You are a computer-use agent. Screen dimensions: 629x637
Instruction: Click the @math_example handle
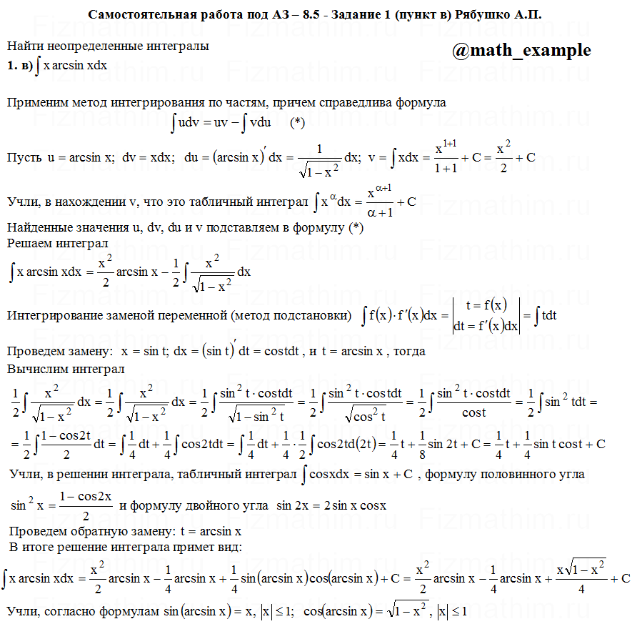tap(521, 51)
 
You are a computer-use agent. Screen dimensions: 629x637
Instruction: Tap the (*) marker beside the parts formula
tap(298, 122)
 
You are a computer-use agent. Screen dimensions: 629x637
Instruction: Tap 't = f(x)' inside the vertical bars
tap(486, 305)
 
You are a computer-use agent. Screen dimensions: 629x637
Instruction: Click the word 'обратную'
tap(110, 532)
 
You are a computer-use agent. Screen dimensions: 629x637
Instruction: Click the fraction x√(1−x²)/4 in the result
tap(580, 578)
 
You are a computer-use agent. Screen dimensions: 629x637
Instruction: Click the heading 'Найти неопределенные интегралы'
tap(108, 46)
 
